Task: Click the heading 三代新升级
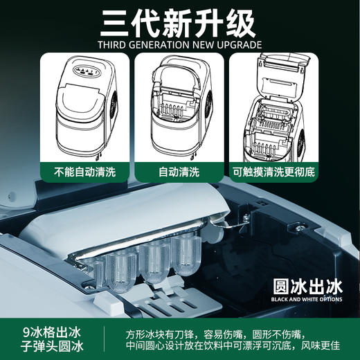coord(180,26)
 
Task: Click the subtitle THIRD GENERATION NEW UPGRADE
coord(180,46)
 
